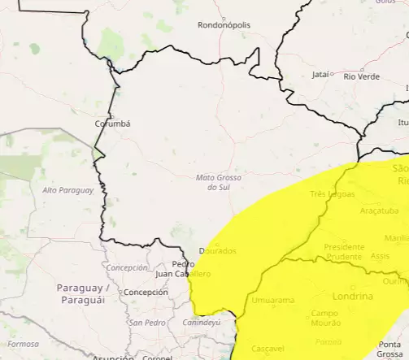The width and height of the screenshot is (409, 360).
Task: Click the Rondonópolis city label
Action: pos(224,25)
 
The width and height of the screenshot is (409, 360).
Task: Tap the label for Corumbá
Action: pos(112,124)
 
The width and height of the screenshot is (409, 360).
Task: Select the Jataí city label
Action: pos(321,75)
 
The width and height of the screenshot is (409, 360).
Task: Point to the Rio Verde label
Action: pos(362,76)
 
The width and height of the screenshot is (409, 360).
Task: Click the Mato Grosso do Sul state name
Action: pos(215,182)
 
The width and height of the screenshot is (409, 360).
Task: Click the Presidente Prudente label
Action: pos(342,251)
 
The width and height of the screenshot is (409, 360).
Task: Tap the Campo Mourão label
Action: pos(325,318)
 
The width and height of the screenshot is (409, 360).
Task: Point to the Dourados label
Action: pos(217,251)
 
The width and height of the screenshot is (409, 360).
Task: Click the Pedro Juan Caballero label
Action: pos(183,269)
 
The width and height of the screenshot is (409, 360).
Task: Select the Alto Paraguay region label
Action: pos(67,190)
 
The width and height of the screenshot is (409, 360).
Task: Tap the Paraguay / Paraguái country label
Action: pos(83,293)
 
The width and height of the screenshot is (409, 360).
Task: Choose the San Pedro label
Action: pos(147,323)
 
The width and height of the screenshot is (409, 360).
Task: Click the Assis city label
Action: pos(380,255)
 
